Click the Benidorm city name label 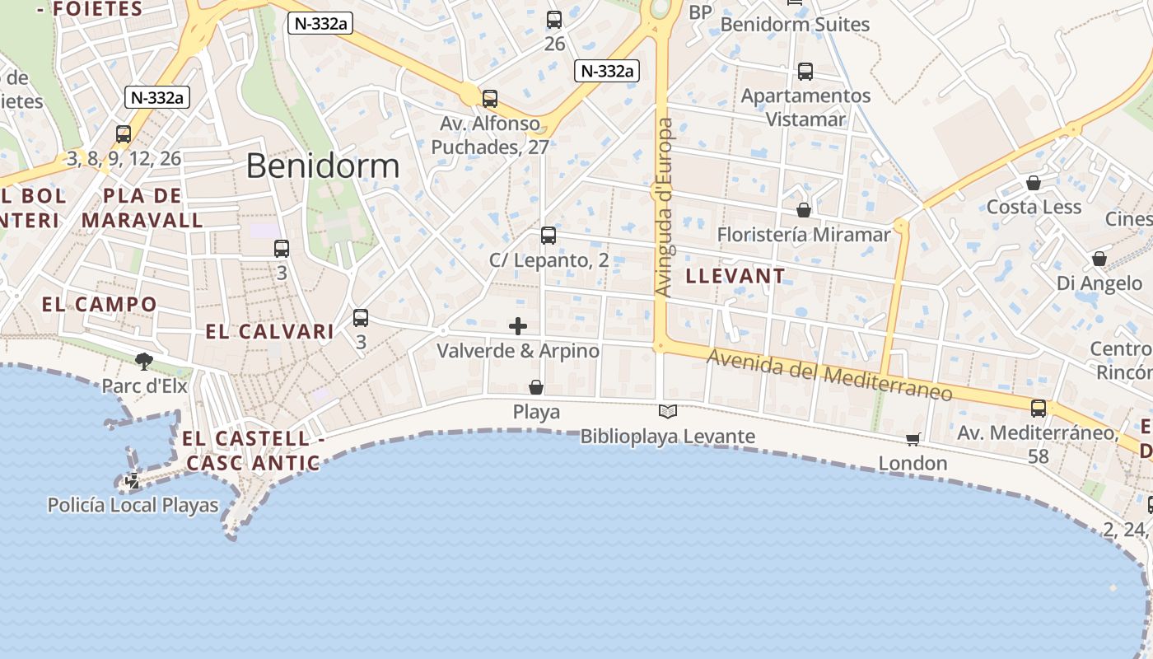click(323, 166)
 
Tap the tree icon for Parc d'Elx click(144, 361)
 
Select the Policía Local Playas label click(133, 505)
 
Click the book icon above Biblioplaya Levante click(668, 411)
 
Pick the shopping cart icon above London click(913, 439)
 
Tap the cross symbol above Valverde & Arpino click(518, 326)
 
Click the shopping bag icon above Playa click(536, 387)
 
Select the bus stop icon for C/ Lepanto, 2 click(548, 236)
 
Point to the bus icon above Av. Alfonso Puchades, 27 click(490, 99)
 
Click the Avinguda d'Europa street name click(665, 207)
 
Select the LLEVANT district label click(735, 276)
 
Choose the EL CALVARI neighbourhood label click(269, 332)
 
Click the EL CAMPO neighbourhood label click(99, 304)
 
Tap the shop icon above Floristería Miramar click(804, 210)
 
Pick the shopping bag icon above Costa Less click(1034, 183)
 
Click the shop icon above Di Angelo click(1099, 259)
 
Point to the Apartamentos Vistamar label click(805, 107)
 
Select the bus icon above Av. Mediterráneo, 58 click(1039, 408)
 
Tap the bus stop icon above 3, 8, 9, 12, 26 click(124, 133)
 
